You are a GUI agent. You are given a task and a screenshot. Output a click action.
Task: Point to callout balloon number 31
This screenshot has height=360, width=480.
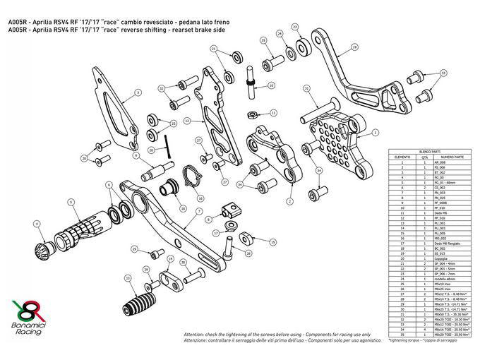click(306, 88)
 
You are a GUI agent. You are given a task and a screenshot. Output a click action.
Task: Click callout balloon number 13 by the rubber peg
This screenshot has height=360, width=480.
click(128, 277)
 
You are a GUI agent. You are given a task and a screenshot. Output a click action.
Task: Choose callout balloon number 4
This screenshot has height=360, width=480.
click(36, 225)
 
